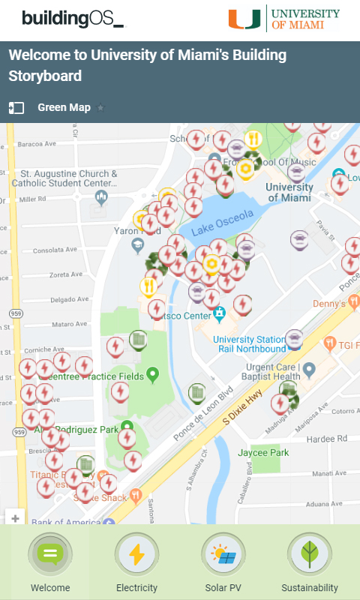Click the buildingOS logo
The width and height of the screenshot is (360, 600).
point(73,19)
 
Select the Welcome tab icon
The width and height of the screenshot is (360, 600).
point(50,555)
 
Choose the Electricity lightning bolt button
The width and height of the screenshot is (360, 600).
point(136,555)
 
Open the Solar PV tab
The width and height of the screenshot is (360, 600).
point(223,555)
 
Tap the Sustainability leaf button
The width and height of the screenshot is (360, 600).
point(309,555)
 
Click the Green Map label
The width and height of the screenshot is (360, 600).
point(64,107)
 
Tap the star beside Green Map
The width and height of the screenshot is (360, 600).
point(101,108)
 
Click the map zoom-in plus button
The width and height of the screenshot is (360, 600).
point(16,517)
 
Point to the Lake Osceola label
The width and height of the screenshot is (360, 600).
point(223,221)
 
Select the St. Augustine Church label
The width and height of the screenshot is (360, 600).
point(69,178)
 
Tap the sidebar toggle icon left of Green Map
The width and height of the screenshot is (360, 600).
point(16,108)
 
